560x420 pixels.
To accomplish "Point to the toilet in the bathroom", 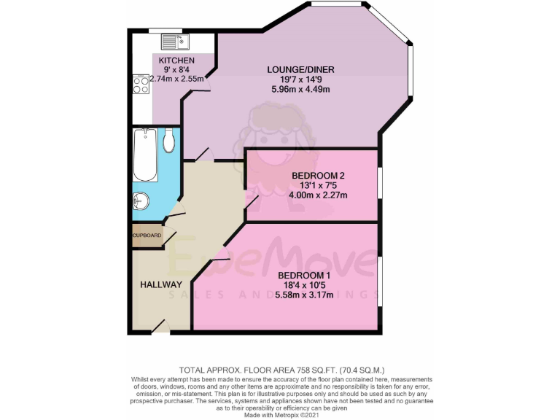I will click(169, 141).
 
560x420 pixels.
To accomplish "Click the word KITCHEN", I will click(176, 60).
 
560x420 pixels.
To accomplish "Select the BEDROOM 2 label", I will click(319, 176).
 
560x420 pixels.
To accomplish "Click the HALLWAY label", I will click(160, 284).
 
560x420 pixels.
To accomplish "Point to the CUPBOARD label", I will click(147, 236).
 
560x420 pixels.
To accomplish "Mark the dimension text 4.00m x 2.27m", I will click(319, 195).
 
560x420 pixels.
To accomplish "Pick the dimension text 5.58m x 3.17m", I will click(305, 295).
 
